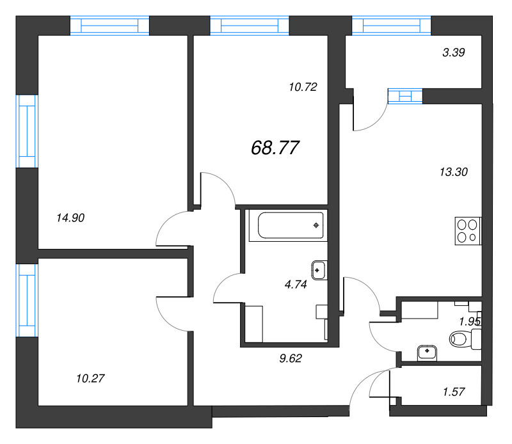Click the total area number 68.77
275,148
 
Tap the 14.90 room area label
71,218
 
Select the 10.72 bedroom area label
303,86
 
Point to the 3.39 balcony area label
453,53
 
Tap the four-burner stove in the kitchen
468,231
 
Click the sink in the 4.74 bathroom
318,270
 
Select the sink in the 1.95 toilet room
427,352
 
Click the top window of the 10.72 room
250,26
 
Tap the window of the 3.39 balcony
392,26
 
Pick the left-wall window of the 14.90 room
27,131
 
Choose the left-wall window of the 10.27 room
27,301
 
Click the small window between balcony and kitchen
405,96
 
